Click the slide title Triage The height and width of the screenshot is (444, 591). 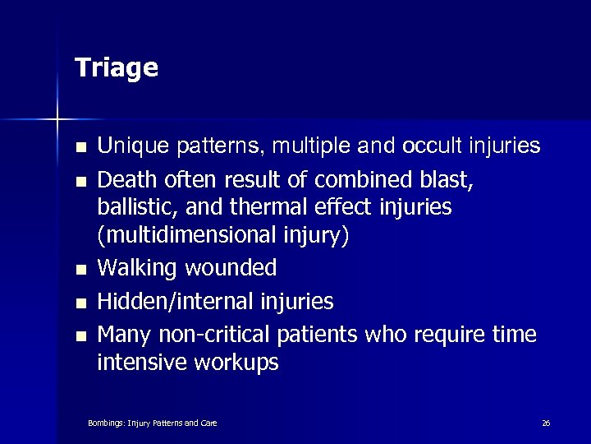[x=116, y=68]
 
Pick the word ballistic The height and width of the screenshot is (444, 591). [x=133, y=206]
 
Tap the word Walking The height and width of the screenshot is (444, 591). [x=135, y=267]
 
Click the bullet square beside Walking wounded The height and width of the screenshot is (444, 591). [x=80, y=270]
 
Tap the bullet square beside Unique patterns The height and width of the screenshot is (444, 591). [x=80, y=149]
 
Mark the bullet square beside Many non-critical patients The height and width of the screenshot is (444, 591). [x=80, y=335]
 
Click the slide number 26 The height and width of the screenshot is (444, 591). [x=546, y=423]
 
